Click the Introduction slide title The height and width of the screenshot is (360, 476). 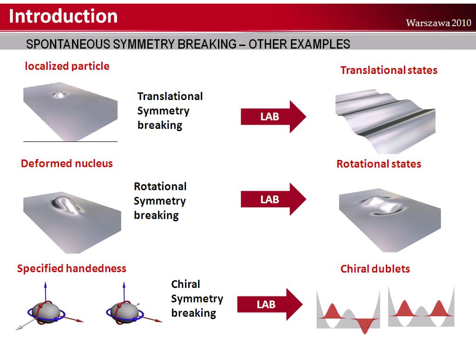[63, 16]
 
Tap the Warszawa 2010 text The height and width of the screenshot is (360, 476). [438, 23]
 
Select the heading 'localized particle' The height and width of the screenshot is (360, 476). [67, 66]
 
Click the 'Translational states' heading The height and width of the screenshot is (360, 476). [389, 70]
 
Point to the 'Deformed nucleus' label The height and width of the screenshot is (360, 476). [67, 163]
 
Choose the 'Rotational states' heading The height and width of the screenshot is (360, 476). [379, 164]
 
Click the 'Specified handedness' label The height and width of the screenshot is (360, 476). [72, 268]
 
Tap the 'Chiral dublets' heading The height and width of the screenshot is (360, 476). [375, 269]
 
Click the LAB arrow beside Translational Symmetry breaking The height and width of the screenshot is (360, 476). [273, 117]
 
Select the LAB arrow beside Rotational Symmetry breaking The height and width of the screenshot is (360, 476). [273, 199]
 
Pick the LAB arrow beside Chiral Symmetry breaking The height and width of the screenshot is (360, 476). [270, 304]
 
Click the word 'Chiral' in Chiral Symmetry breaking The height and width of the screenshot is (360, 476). [185, 284]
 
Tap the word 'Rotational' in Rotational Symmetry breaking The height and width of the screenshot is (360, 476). [160, 187]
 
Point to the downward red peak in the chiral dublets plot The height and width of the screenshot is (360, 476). [364, 326]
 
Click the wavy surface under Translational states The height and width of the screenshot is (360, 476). [385, 121]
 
